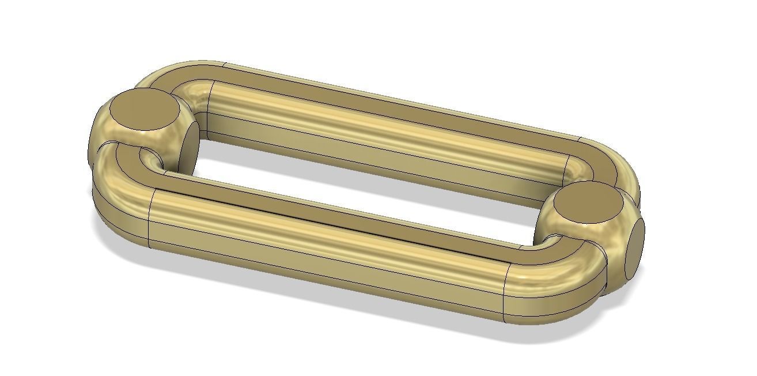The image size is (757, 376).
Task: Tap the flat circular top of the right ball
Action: pyautogui.click(x=587, y=203)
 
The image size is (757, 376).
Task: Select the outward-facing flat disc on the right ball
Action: pyautogui.click(x=635, y=248)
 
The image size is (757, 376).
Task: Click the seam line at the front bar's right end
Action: pyautogui.click(x=505, y=291)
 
